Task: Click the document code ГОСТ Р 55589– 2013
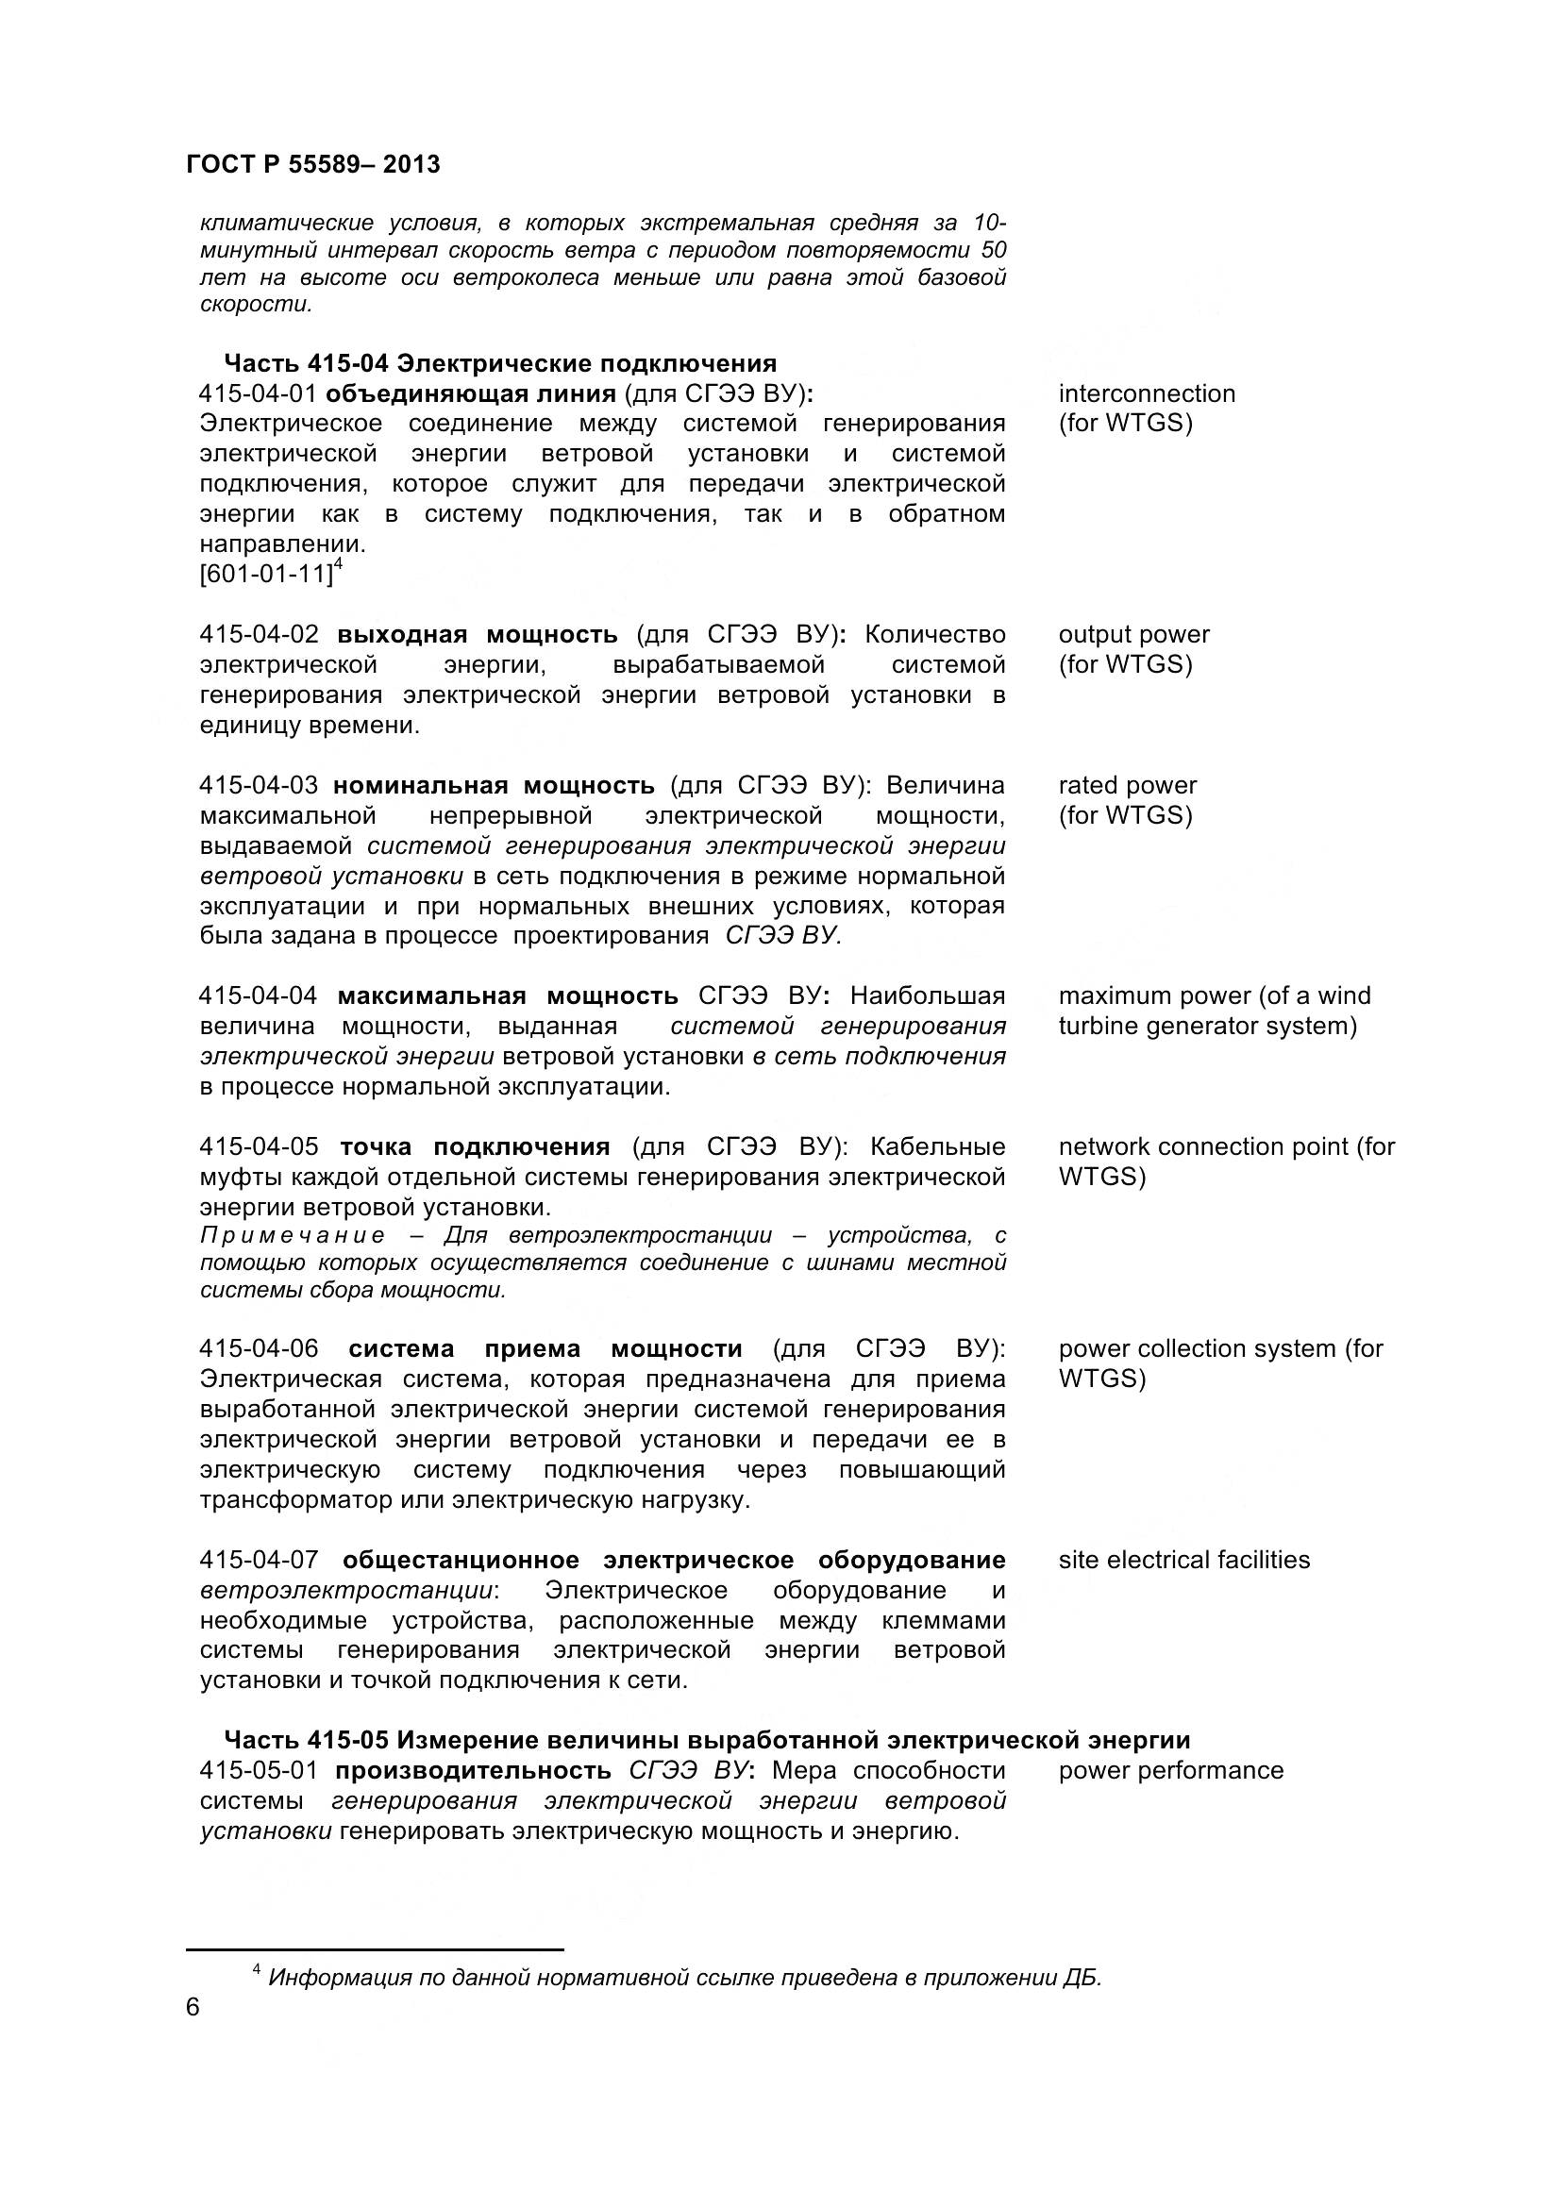[x=312, y=164]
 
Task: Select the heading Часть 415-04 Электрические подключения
[x=500, y=363]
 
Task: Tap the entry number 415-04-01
[x=258, y=393]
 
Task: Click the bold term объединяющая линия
[x=470, y=393]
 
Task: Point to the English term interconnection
[x=1147, y=393]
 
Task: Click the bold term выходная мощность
[x=477, y=634]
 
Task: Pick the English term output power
[x=1134, y=634]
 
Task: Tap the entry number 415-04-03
[x=258, y=785]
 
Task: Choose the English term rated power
[x=1128, y=785]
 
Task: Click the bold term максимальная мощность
[x=508, y=995]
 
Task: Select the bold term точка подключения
[x=475, y=1146]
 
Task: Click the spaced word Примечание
[x=293, y=1235]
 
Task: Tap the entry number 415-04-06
[x=259, y=1348]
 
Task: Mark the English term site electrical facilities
[x=1184, y=1559]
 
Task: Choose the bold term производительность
[x=473, y=1770]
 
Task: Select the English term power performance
[x=1171, y=1770]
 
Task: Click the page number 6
[x=193, y=2008]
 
